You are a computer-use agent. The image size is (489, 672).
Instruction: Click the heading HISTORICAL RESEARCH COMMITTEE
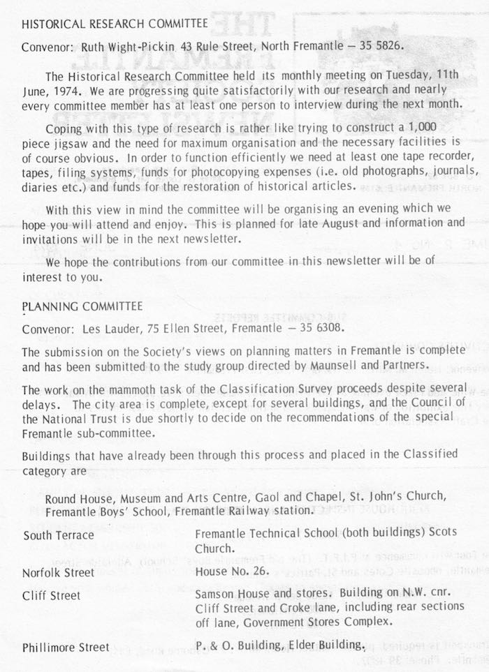[115, 24]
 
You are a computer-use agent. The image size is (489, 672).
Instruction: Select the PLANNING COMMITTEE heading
[82, 306]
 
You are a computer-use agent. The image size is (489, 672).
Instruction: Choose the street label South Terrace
[59, 536]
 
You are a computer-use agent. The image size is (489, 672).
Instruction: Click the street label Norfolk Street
[59, 573]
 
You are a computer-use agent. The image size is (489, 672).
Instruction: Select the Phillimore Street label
[65, 648]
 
